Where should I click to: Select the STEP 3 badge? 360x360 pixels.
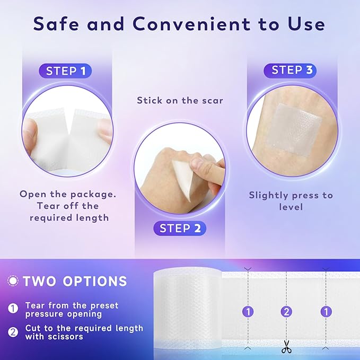pyautogui.click(x=290, y=71)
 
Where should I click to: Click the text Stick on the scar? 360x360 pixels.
pyautogui.click(x=180, y=100)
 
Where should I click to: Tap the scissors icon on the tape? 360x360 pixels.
pyautogui.click(x=286, y=347)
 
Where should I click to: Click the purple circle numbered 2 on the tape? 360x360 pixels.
pyautogui.click(x=286, y=312)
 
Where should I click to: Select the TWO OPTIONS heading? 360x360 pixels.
pyautogui.click(x=75, y=281)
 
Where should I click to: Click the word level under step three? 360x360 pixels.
pyautogui.click(x=291, y=207)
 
